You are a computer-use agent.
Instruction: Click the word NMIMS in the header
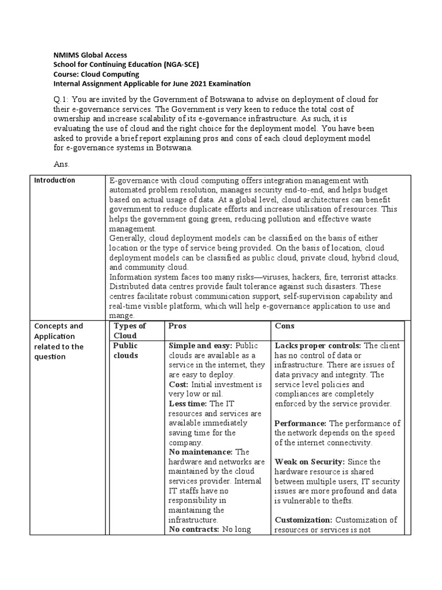coord(60,55)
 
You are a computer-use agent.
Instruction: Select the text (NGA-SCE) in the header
coord(184,65)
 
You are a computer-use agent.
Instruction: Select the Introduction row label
coord(55,180)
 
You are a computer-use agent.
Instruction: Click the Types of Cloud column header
coord(130,331)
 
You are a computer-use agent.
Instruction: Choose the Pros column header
coord(177,326)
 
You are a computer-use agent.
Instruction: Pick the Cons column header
coord(285,326)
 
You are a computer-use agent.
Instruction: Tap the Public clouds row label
coord(126,350)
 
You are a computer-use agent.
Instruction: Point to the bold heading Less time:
coord(188,404)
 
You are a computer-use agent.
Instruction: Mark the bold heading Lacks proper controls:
coord(318,346)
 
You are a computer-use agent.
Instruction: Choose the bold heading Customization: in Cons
coord(303,520)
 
